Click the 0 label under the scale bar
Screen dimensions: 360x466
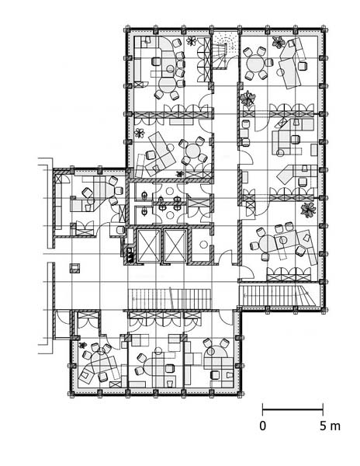click(263, 426)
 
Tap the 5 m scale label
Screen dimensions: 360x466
click(330, 426)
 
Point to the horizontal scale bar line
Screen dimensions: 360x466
click(292, 409)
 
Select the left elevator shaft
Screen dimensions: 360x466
click(149, 245)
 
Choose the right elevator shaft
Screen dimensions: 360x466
click(175, 245)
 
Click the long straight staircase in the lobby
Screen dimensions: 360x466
click(169, 299)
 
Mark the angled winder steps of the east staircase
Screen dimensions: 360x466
click(307, 296)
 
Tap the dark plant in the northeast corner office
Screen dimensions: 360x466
click(279, 43)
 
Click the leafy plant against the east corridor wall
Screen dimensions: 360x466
click(247, 99)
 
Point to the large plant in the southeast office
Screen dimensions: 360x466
click(308, 210)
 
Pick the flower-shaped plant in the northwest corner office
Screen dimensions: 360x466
click(192, 41)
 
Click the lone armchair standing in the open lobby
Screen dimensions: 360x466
click(75, 268)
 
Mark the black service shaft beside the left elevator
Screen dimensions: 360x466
click(130, 255)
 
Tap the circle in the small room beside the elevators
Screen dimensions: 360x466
click(203, 245)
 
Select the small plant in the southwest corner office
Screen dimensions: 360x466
click(82, 346)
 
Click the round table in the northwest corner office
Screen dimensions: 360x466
click(167, 85)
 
